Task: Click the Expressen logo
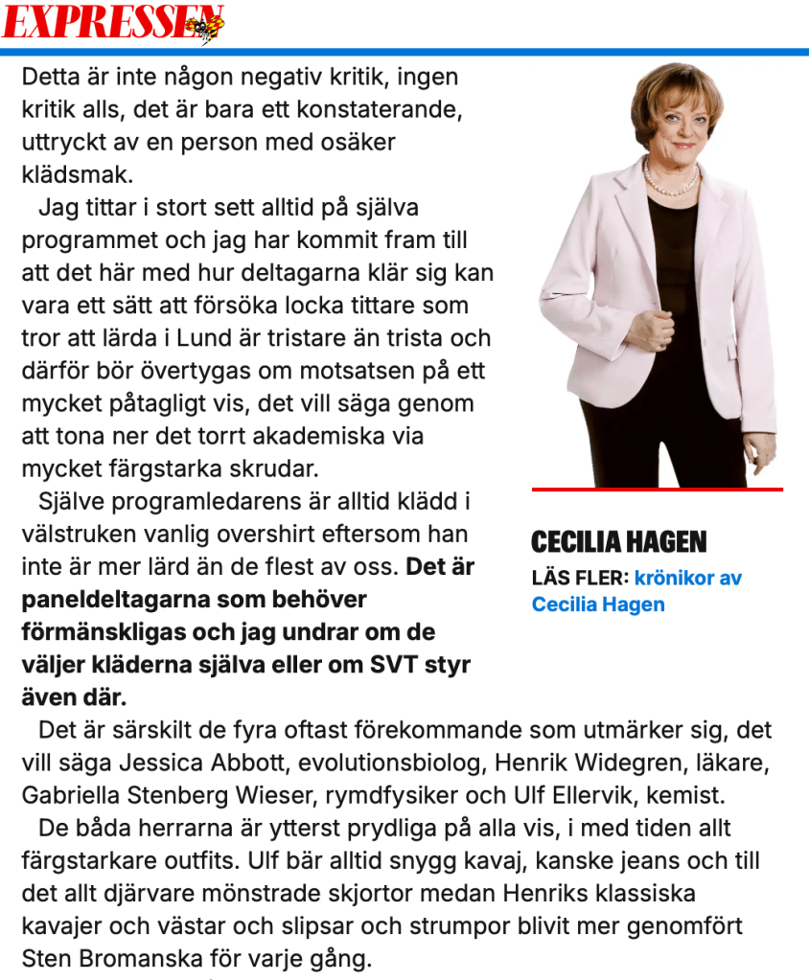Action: click(113, 22)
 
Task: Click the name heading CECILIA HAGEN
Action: click(618, 543)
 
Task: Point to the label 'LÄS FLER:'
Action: click(580, 579)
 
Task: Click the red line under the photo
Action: click(657, 490)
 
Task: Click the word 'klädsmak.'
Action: click(78, 175)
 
